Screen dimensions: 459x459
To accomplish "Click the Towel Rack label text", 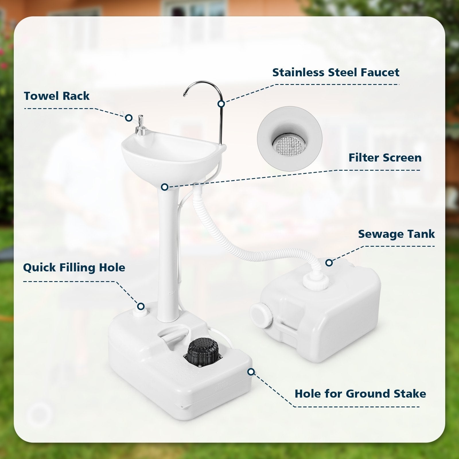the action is [x=57, y=96].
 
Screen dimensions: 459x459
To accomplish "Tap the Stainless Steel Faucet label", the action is [x=336, y=72].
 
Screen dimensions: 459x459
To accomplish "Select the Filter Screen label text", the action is [x=385, y=157].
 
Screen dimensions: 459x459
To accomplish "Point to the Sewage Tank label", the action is [x=396, y=234].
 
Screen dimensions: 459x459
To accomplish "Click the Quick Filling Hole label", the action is [x=74, y=267].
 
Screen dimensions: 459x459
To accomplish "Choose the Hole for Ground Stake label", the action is [x=360, y=394].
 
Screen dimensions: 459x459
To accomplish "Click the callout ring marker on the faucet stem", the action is [x=221, y=104].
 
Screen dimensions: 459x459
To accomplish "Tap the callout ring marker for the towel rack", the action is [x=129, y=118].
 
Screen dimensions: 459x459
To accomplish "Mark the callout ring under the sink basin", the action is [x=164, y=187].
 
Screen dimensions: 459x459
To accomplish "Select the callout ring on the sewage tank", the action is [x=329, y=262].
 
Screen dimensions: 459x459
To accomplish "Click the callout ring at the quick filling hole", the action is [x=141, y=306].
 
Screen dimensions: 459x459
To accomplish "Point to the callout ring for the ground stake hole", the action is [x=251, y=372].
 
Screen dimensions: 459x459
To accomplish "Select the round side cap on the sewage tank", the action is [x=261, y=314].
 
